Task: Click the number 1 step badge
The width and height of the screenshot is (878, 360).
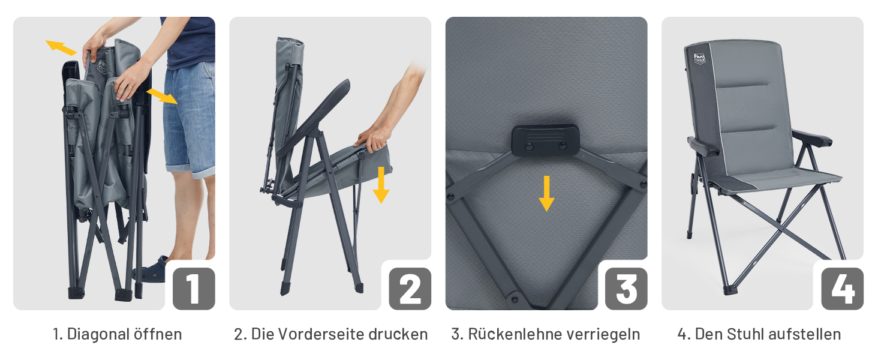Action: tap(194, 289)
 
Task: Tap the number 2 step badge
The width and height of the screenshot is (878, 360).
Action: tap(410, 289)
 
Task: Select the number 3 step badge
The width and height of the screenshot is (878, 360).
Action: tap(626, 289)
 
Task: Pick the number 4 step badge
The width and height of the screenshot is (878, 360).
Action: tap(843, 289)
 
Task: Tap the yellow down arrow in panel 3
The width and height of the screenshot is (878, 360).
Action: tap(546, 194)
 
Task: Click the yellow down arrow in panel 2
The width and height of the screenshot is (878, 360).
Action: tap(381, 185)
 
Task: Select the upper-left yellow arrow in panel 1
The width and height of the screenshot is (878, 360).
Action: tap(61, 47)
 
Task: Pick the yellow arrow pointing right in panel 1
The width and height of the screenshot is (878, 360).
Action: tap(162, 96)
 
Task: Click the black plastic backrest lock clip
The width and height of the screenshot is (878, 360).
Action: tap(546, 140)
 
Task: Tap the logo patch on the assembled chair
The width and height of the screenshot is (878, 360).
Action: tap(700, 59)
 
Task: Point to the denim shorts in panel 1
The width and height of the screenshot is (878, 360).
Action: tap(190, 118)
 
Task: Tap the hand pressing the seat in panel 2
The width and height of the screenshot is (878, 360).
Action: tap(374, 139)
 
